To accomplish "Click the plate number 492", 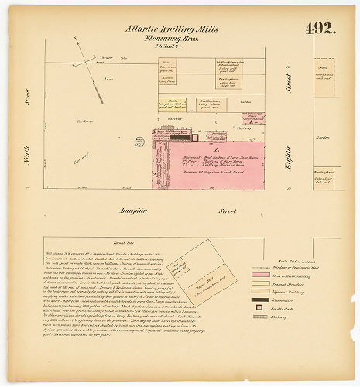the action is [320, 29].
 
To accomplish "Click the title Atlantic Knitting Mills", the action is [172, 29].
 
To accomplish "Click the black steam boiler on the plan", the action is [179, 137].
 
